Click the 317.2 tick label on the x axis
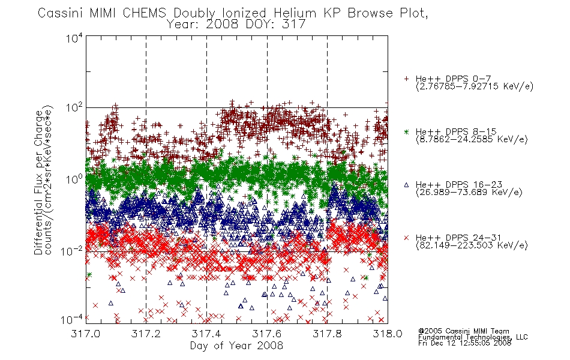146,334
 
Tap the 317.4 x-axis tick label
206,334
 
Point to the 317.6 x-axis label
267,334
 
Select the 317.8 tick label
327,334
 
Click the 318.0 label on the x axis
388,334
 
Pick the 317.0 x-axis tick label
85,334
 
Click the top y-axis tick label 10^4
74,38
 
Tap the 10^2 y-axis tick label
74,109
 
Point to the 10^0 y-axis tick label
74,179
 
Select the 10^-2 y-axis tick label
72,251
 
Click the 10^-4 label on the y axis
72,320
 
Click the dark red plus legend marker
406,79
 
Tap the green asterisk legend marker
406,131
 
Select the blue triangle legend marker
406,185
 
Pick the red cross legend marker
406,238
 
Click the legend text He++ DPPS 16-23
459,185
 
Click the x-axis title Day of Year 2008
236,346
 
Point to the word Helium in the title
295,13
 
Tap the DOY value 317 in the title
295,25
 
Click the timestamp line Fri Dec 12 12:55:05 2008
464,343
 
